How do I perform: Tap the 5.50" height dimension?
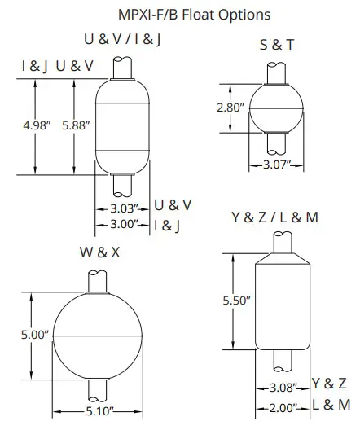coord(235,301)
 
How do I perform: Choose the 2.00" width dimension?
coord(283,406)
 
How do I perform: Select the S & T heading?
coord(276,46)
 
